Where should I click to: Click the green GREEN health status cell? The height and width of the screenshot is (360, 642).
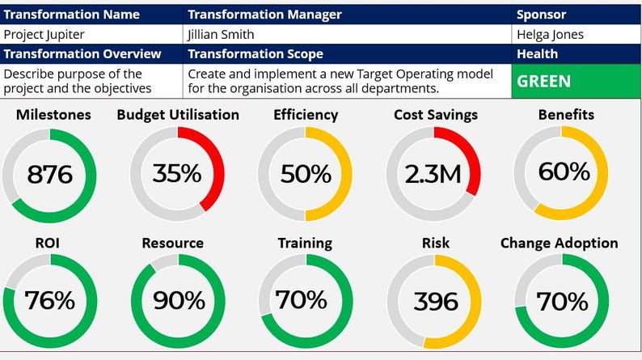(x=576, y=81)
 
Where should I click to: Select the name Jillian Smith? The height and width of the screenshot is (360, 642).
(x=220, y=35)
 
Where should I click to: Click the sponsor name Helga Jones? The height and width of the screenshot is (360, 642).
(x=550, y=35)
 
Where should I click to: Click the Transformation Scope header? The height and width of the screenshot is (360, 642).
(x=255, y=54)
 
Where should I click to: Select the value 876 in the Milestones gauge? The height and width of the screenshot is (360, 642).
(x=49, y=175)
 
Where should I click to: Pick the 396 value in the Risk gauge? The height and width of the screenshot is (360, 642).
(x=435, y=302)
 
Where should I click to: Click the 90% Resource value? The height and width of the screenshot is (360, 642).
(x=178, y=301)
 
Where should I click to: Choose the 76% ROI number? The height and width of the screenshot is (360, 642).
(x=49, y=301)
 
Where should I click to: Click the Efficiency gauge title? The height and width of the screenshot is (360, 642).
(x=306, y=115)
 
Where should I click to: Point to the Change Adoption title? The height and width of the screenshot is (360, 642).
(x=559, y=243)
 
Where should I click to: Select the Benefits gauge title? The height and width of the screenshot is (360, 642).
(x=566, y=115)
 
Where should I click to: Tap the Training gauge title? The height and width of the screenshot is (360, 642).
(x=305, y=243)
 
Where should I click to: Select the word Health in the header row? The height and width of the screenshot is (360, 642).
(x=538, y=54)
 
